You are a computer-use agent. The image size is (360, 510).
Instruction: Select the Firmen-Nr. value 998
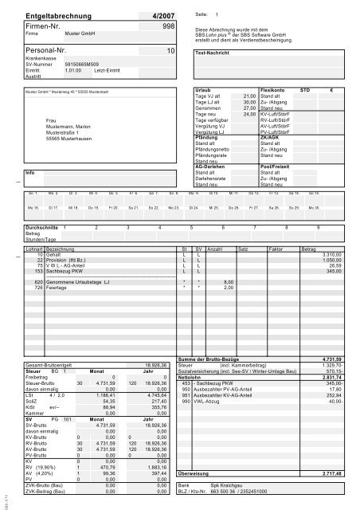pyautogui.click(x=169, y=26)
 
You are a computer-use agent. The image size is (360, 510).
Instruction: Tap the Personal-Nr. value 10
pyautogui.click(x=171, y=50)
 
